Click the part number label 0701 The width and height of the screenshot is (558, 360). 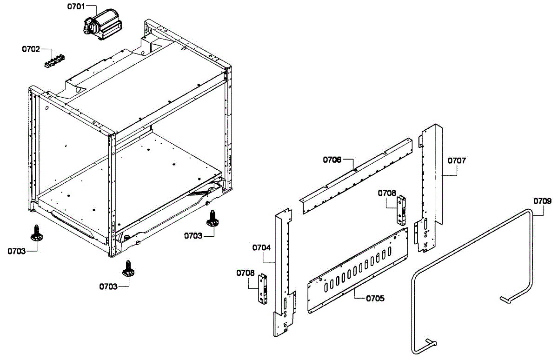coord(76,7)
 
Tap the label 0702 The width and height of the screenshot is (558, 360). coord(31,48)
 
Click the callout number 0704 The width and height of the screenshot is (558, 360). coord(261,247)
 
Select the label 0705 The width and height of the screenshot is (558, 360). coord(375,298)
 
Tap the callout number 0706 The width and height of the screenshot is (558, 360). coord(332,160)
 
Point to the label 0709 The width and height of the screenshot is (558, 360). coord(542,201)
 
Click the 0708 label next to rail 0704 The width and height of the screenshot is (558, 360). coord(245,273)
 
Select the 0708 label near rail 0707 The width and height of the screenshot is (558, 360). coord(387,193)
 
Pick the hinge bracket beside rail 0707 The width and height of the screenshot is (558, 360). coord(400,209)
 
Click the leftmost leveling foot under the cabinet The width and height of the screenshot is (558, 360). coord(36,233)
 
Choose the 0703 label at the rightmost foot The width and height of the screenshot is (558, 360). coord(193,236)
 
